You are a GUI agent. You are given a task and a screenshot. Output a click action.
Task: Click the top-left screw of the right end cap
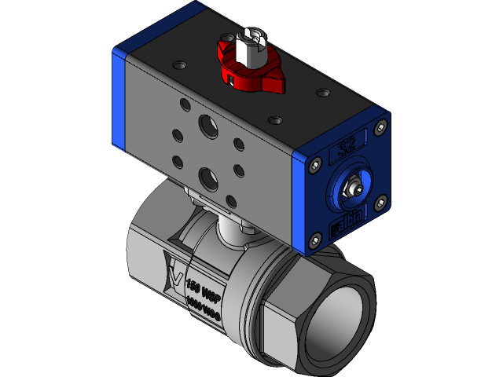coord(316,166)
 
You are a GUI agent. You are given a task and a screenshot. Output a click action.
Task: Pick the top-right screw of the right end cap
coord(382,126)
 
